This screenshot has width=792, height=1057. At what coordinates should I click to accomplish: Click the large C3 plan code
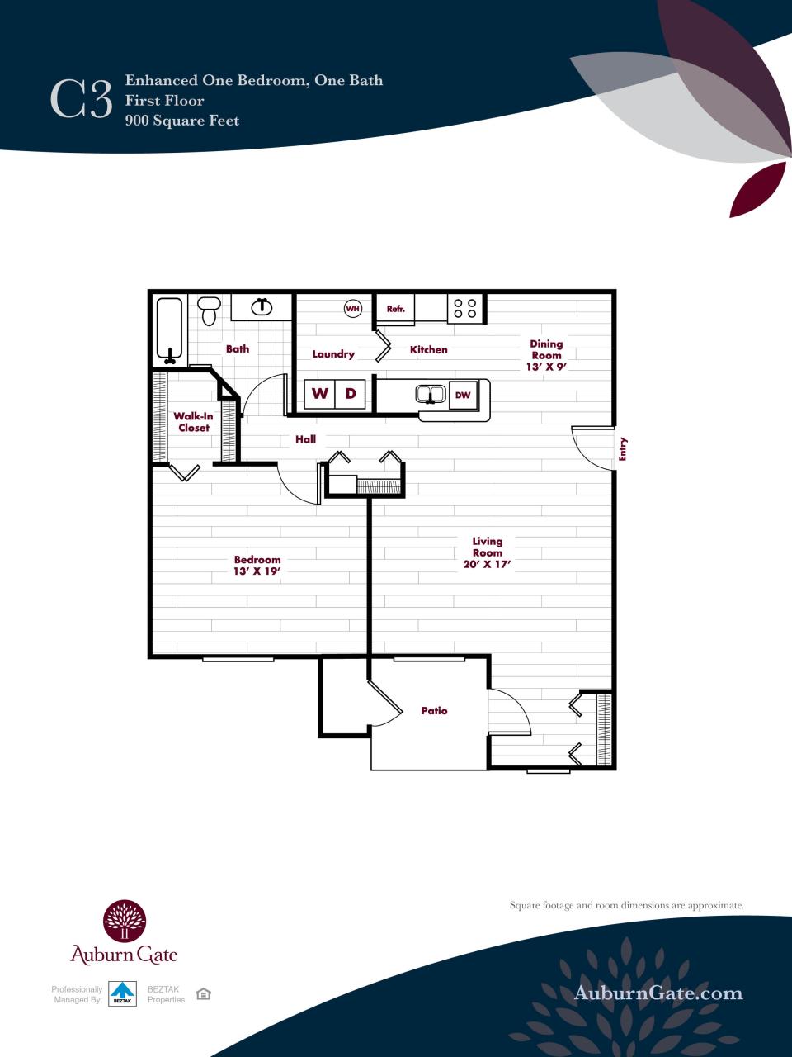pyautogui.click(x=81, y=100)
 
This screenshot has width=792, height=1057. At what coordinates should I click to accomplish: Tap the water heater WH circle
pyautogui.click(x=353, y=309)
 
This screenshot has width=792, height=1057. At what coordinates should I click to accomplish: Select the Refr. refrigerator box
pyautogui.click(x=396, y=310)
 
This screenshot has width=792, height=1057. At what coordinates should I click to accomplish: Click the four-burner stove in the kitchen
pyautogui.click(x=465, y=309)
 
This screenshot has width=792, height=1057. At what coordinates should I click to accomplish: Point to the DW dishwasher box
pyautogui.click(x=463, y=395)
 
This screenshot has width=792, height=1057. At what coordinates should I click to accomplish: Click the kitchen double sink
pyautogui.click(x=430, y=395)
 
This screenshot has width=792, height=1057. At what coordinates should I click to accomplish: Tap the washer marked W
pyautogui.click(x=320, y=394)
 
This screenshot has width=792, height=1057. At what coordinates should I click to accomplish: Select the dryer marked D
pyautogui.click(x=351, y=394)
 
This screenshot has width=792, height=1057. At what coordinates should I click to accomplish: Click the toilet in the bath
pyautogui.click(x=210, y=310)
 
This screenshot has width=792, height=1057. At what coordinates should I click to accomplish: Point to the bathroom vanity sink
pyautogui.click(x=262, y=307)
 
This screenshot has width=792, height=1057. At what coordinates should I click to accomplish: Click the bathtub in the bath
pyautogui.click(x=170, y=331)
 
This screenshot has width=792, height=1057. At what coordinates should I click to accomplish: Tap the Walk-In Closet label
pyautogui.click(x=194, y=422)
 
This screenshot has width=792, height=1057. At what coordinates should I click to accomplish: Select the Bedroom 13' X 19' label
pyautogui.click(x=257, y=565)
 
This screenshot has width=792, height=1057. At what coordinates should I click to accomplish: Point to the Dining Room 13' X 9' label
pyautogui.click(x=547, y=355)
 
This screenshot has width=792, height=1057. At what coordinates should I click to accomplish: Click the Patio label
pyautogui.click(x=434, y=710)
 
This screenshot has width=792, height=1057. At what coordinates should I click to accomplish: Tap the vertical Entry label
pyautogui.click(x=624, y=448)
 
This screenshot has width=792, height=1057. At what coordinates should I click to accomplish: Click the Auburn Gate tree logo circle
pyautogui.click(x=125, y=921)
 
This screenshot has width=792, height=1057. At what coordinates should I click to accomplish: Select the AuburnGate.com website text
pyautogui.click(x=658, y=993)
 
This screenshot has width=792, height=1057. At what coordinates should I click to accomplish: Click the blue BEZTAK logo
pyautogui.click(x=123, y=993)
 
